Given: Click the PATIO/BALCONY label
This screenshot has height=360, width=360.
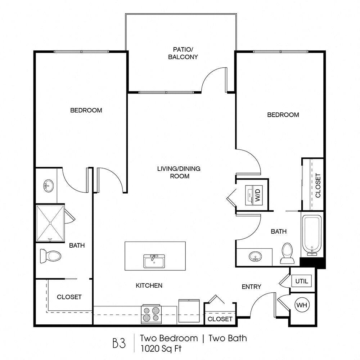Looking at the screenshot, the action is [183, 53].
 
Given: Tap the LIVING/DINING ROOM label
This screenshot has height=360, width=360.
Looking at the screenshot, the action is [179, 172].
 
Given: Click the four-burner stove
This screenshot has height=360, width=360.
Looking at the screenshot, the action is [151, 314].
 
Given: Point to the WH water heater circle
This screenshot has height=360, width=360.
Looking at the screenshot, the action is [302, 305].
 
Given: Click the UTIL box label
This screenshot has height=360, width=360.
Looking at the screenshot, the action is [302, 281].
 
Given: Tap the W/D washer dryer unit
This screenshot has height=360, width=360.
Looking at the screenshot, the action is [254, 195].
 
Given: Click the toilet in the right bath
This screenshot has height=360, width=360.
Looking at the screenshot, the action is [287, 253].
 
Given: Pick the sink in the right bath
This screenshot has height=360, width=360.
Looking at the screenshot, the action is [255, 256].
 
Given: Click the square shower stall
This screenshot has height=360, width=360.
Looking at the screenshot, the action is [50, 223].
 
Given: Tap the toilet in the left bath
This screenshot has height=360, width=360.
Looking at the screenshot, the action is [50, 256].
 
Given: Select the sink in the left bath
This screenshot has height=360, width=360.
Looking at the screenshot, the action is [48, 185].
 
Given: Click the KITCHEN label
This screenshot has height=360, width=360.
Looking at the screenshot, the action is [149, 285].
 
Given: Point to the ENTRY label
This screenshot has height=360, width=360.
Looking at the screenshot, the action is [251, 287].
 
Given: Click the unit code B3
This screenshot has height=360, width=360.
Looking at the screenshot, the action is [119, 343].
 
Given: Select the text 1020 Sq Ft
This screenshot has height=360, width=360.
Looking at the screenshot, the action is [161, 348].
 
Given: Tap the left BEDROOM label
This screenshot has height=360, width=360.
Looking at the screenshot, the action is [86, 110].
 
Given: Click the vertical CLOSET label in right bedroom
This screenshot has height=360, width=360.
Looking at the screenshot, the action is [318, 185].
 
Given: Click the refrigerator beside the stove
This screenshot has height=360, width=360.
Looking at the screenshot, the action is [189, 311].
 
